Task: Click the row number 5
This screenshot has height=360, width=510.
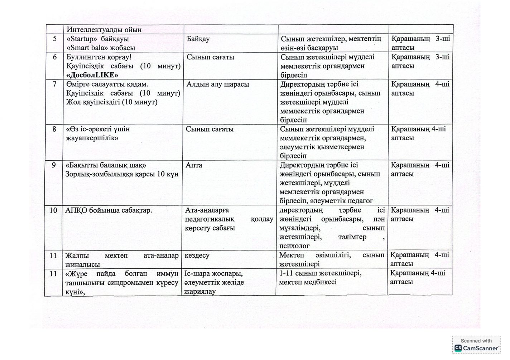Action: click(54, 39)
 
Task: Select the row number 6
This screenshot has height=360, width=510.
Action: click(54, 57)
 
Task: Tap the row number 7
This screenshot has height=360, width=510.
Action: click(54, 84)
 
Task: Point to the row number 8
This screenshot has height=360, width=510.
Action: click(54, 129)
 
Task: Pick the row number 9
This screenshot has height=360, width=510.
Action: click(54, 165)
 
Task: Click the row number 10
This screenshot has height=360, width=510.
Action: click(53, 210)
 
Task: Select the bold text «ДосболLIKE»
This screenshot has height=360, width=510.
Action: click(92, 75)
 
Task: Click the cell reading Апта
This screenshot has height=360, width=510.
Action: click(194, 165)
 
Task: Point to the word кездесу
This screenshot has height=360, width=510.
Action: click(197, 255)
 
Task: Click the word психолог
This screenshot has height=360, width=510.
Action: click(294, 246)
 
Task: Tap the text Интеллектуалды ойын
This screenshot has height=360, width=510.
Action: click(104, 30)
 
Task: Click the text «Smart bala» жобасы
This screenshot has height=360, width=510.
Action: click(101, 48)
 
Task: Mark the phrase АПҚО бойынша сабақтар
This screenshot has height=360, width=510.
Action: click(109, 210)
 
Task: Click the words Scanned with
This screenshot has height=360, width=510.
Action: click(476, 341)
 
